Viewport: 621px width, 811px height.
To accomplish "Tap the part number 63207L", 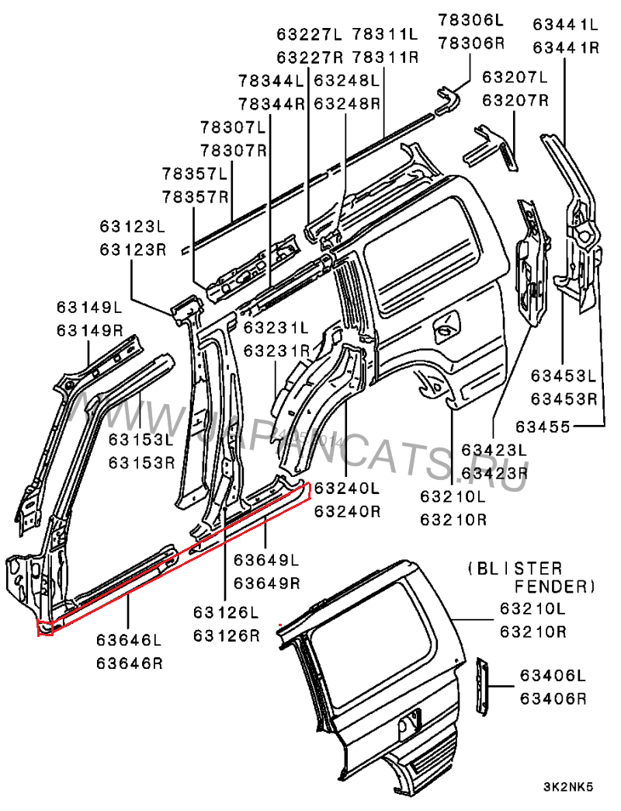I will (x=515, y=77).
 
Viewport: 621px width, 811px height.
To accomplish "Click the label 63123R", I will (x=133, y=249).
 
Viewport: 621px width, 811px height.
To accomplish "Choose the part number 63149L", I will (x=89, y=308).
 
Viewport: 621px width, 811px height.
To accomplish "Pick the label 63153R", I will (x=142, y=463).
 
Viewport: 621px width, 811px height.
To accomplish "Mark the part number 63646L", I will (x=130, y=641).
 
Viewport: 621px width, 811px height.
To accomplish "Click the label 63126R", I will (x=226, y=636).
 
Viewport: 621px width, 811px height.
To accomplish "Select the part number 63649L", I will (x=267, y=559).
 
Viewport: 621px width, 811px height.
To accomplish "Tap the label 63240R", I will (x=347, y=511).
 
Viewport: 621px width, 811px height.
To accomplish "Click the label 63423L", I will (x=494, y=450).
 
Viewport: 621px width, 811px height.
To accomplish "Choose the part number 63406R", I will (x=553, y=698).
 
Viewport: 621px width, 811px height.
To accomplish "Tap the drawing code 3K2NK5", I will (x=568, y=787).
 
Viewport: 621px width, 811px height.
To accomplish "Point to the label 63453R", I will (x=564, y=399).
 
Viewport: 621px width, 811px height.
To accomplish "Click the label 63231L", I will (x=276, y=329).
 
